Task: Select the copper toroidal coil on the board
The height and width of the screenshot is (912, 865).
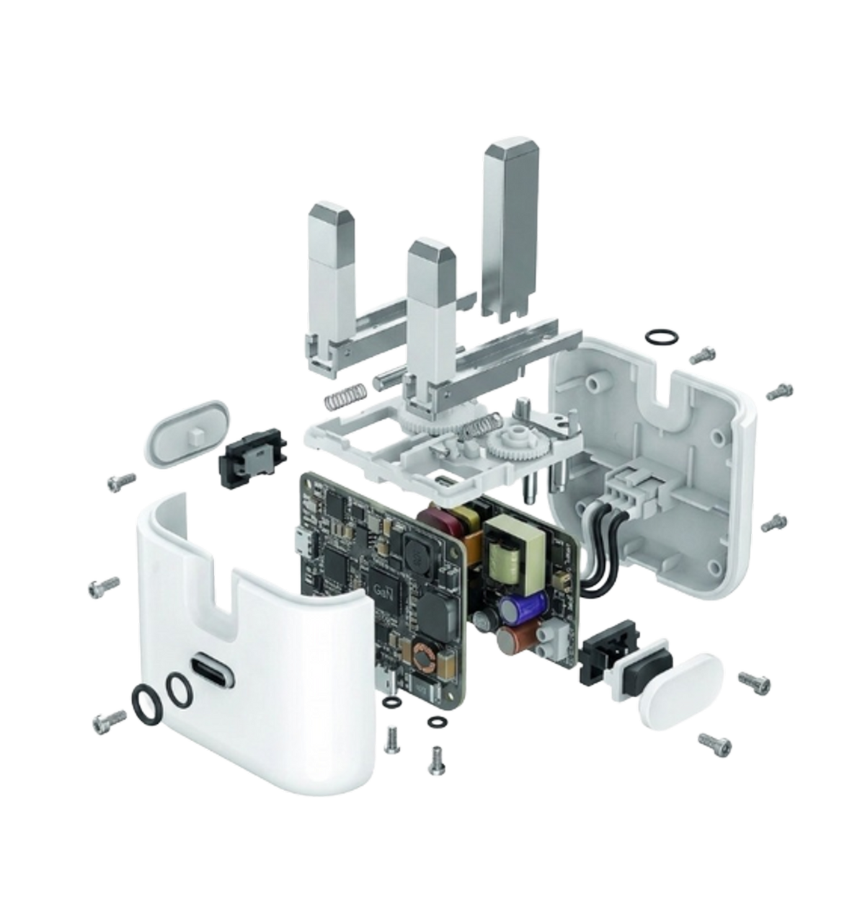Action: click(422, 657)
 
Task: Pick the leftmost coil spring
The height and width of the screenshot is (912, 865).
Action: click(345, 384)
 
